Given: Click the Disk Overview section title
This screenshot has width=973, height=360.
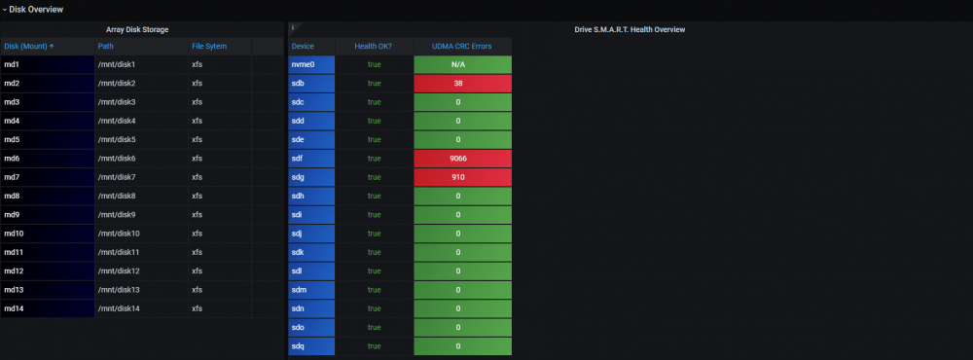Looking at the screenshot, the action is click(x=36, y=10).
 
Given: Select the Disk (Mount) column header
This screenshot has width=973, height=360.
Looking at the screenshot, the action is click(x=28, y=46).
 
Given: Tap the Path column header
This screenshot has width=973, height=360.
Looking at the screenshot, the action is click(x=105, y=46).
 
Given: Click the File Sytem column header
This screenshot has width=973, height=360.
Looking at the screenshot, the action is click(x=209, y=46).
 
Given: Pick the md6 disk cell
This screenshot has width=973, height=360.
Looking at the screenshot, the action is click(x=48, y=159).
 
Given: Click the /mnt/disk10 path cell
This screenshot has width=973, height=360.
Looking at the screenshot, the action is click(x=141, y=234).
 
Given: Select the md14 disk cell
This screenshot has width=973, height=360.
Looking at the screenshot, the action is click(x=48, y=308).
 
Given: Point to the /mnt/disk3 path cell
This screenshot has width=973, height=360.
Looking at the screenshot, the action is click(x=141, y=102).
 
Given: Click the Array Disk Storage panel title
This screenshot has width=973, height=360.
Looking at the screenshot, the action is click(x=137, y=29).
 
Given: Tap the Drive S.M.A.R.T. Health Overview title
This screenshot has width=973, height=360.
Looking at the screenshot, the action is click(x=630, y=29).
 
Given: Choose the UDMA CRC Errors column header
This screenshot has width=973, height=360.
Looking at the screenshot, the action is click(x=461, y=46).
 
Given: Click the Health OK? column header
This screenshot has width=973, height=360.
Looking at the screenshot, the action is click(x=374, y=46).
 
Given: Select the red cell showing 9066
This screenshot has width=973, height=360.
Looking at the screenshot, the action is click(x=463, y=159).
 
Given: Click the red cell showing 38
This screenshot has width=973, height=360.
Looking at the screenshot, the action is click(x=463, y=83).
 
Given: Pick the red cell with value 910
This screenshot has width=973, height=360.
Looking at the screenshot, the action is click(x=463, y=177).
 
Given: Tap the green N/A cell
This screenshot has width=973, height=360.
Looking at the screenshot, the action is click(x=463, y=64).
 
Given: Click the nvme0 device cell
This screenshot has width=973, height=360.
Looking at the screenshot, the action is click(x=311, y=64).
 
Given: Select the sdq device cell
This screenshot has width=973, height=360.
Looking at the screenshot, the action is click(x=311, y=346).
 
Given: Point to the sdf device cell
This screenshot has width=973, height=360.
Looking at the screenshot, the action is click(x=311, y=159).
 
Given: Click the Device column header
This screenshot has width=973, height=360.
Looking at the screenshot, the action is click(x=303, y=46).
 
